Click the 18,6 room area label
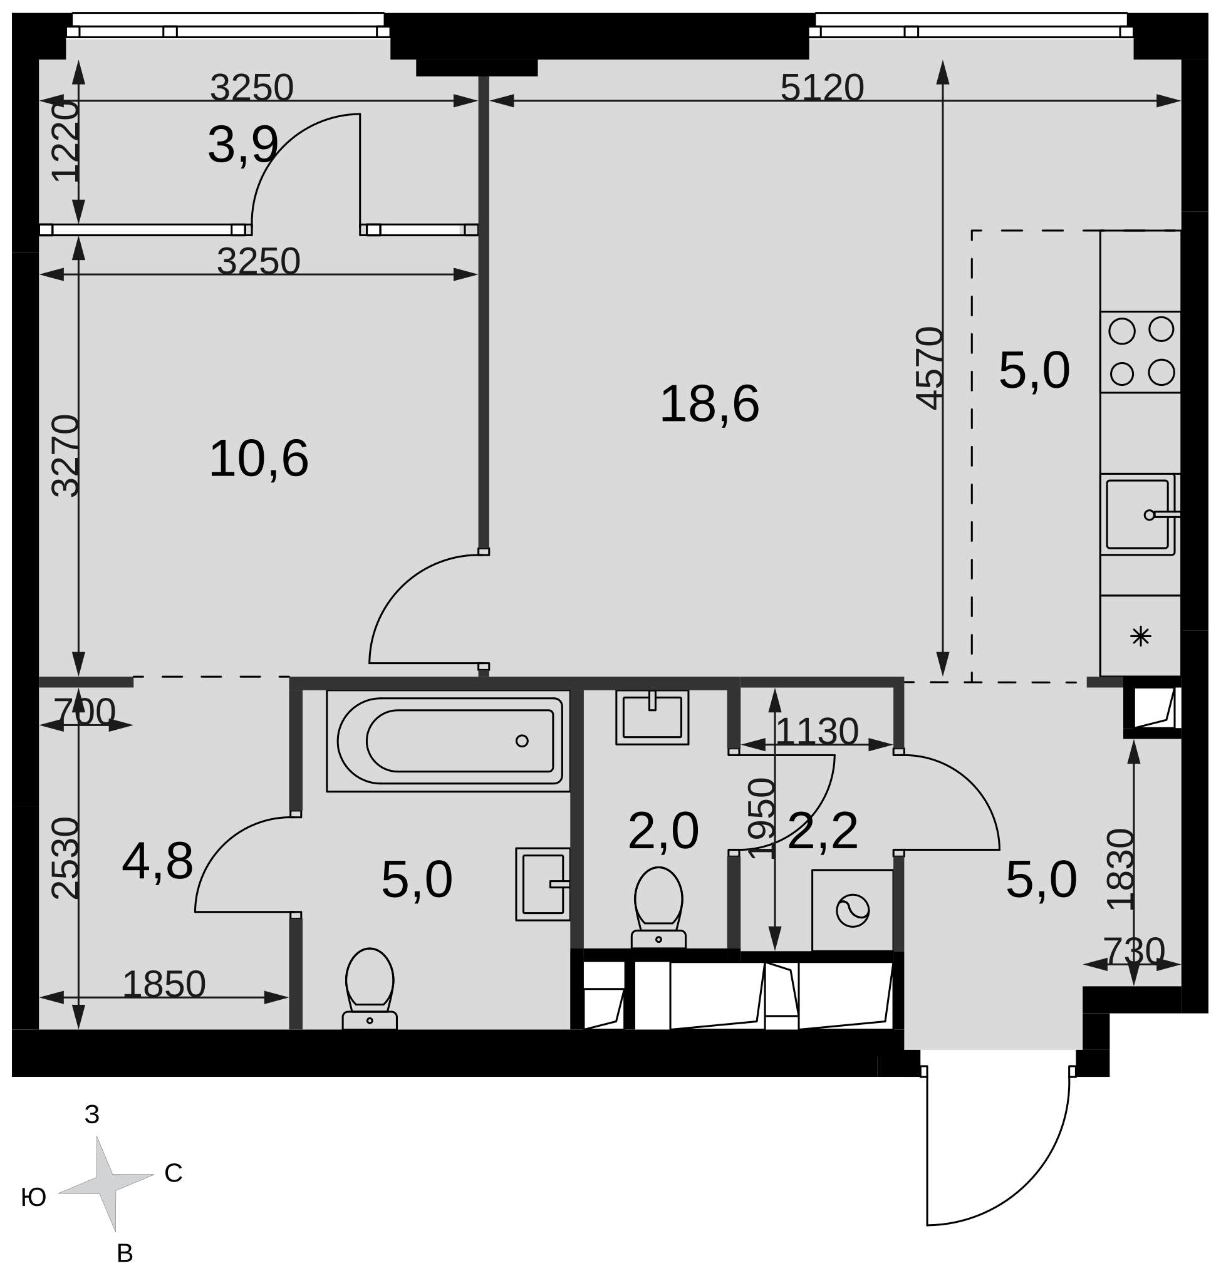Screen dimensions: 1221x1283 tap(709, 405)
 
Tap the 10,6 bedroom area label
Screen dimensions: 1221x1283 tap(258, 460)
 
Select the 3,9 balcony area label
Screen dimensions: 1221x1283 tap(243, 145)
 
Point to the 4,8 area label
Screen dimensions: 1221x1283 tap(157, 862)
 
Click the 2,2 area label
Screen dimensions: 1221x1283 tap(823, 831)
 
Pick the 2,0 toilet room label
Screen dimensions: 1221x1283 tap(663, 831)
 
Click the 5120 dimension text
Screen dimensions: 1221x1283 tap(821, 88)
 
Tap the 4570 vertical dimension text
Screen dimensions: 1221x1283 tap(930, 368)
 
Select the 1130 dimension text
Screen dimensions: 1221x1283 tap(817, 732)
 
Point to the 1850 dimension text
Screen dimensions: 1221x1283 tap(164, 985)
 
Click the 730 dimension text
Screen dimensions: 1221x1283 tap(1134, 951)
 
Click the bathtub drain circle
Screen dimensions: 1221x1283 tap(521, 740)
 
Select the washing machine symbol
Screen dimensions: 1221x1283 tap(852, 911)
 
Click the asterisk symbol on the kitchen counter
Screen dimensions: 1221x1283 tap(1140, 636)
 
